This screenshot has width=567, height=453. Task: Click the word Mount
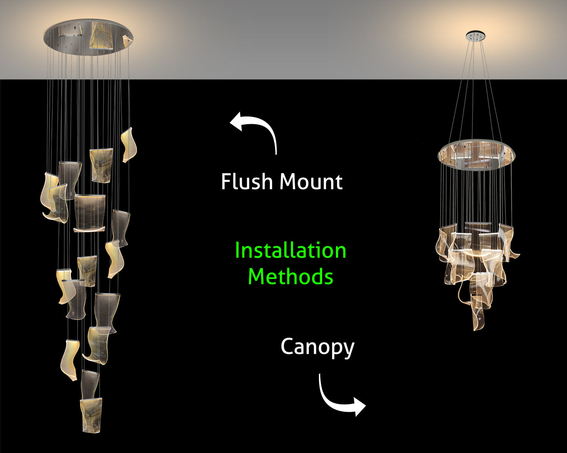pyautogui.click(x=311, y=182)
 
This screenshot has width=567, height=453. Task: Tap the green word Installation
pyautogui.click(x=290, y=250)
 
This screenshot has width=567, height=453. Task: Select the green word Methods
pyautogui.click(x=290, y=276)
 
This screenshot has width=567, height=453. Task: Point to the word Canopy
pyautogui.click(x=317, y=347)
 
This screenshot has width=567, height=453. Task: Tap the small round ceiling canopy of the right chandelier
pyautogui.click(x=476, y=36)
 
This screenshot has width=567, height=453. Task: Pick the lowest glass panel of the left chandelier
pyautogui.click(x=91, y=415)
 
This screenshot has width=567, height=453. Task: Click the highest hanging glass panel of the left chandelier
pyautogui.click(x=129, y=144)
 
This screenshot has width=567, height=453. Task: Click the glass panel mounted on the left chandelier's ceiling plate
pyautogui.click(x=100, y=35)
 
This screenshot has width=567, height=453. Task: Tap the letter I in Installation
pyautogui.click(x=237, y=250)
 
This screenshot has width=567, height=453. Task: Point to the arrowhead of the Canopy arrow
pyautogui.click(x=359, y=406)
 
